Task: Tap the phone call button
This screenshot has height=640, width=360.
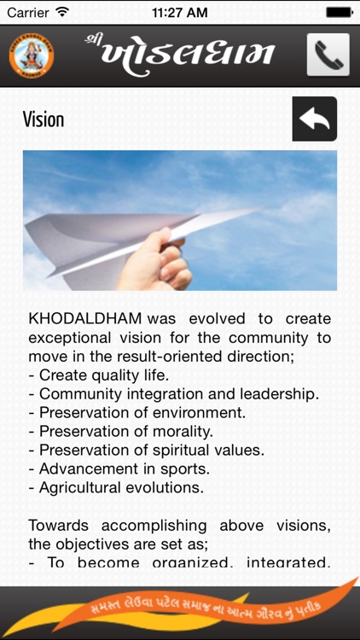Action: (x=328, y=55)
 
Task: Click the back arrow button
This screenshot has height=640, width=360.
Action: (x=314, y=119)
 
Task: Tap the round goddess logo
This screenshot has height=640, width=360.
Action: (x=30, y=55)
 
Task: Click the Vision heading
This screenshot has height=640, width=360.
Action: (x=44, y=119)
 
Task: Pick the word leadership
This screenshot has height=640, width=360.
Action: (x=281, y=393)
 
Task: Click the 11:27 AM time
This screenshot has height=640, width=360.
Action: (x=180, y=13)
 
